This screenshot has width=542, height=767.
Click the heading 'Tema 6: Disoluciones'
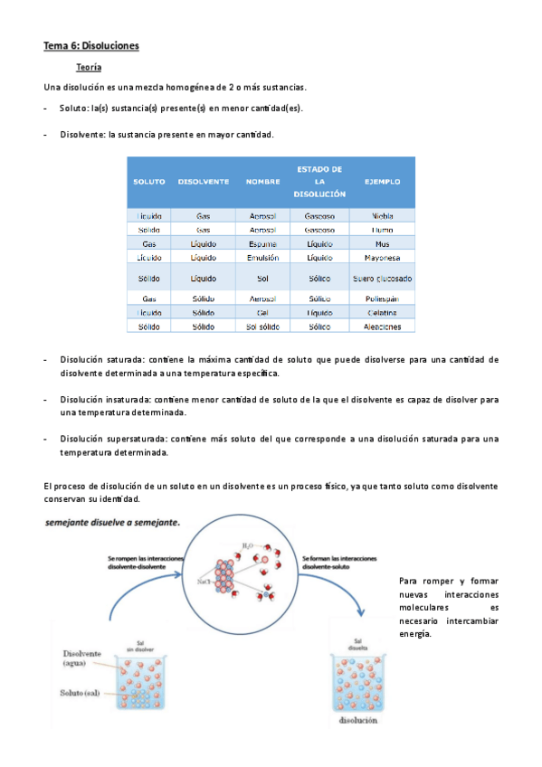pyautogui.click(x=91, y=45)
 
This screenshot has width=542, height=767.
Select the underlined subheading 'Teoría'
pyautogui.click(x=89, y=68)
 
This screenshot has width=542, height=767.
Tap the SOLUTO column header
pyautogui.click(x=149, y=182)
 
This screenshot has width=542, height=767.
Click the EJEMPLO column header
pyautogui.click(x=382, y=182)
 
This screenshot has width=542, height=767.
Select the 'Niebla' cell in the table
pyautogui.click(x=382, y=216)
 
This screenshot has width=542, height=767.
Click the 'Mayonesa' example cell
pyautogui.click(x=382, y=258)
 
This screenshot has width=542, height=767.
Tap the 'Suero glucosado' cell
pyautogui.click(x=382, y=279)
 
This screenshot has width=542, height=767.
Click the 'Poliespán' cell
pyautogui.click(x=382, y=298)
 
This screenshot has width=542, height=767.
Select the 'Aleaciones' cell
pyautogui.click(x=382, y=327)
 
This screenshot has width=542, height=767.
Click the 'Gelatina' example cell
pyautogui.click(x=382, y=312)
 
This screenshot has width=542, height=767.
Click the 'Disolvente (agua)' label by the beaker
pyautogui.click(x=82, y=658)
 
